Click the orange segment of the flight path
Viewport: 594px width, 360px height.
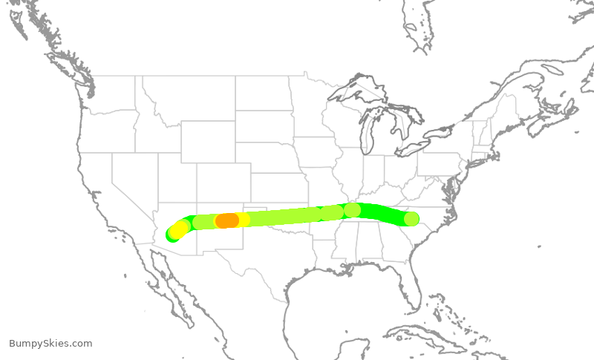pos(226,220)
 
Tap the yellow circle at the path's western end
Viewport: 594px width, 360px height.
pos(179,229)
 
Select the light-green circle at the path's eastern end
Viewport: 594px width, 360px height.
pos(411,219)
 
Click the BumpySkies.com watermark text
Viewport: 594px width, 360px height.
pos(50,344)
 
